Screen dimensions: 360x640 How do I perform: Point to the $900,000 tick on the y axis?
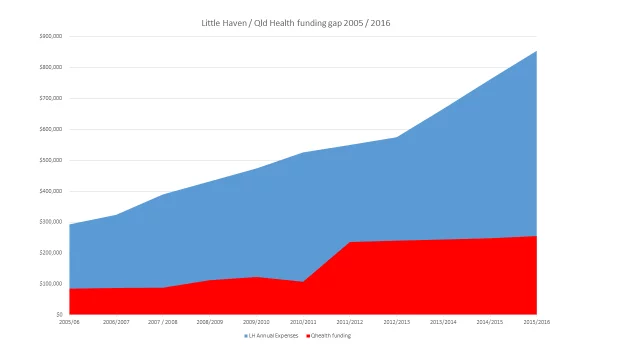[x=50, y=36]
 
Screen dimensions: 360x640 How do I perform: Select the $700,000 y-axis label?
[x=50, y=98]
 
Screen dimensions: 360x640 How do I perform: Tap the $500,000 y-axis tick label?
[x=50, y=160]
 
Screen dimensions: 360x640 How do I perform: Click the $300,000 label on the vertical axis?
[x=50, y=222]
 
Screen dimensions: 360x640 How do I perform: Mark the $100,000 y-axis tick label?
[x=50, y=284]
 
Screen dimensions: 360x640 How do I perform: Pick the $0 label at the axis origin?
[x=59, y=315]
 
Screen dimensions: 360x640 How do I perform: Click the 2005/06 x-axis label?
[x=69, y=322]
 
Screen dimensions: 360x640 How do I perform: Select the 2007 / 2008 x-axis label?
[x=162, y=322]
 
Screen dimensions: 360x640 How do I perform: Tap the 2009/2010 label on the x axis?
[x=256, y=322]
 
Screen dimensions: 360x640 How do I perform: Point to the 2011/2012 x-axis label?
[x=350, y=322]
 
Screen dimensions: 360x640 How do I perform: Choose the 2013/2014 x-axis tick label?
[x=443, y=322]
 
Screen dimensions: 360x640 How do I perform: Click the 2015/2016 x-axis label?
[x=537, y=322]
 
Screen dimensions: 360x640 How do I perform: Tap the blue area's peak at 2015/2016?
[x=537, y=51]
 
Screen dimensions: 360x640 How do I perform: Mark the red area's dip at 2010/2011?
[x=303, y=282]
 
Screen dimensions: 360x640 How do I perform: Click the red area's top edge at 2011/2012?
[x=350, y=242]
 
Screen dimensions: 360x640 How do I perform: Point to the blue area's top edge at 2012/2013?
[x=397, y=137]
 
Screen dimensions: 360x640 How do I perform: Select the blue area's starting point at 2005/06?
[x=69, y=225]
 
